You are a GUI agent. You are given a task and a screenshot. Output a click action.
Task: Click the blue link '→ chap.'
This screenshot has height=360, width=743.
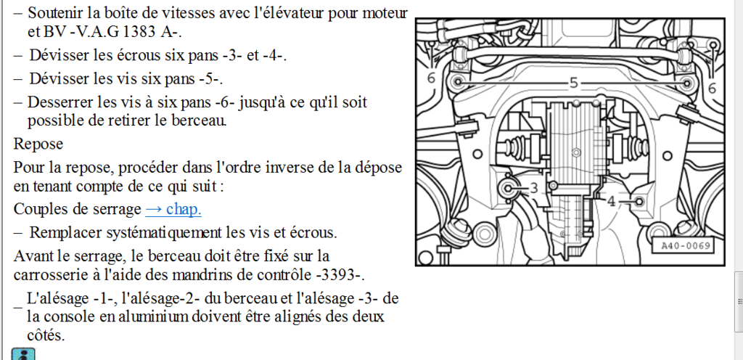point(173,209)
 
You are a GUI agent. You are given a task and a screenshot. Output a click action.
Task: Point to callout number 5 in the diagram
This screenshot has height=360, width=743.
point(574,83)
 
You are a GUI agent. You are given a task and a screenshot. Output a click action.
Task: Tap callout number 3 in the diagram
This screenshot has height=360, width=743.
point(534,189)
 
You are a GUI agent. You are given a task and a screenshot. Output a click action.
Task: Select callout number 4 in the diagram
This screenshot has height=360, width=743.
point(611,201)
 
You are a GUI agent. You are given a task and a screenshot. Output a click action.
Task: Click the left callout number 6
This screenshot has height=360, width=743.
point(431,78)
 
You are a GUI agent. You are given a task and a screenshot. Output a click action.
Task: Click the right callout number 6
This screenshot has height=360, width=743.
point(713,88)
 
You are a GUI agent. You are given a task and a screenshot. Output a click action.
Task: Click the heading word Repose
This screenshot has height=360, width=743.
point(38,144)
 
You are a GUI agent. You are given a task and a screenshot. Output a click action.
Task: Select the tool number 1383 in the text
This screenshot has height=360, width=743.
point(139,32)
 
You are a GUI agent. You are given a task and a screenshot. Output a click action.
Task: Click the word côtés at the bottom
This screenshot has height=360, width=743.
point(45,335)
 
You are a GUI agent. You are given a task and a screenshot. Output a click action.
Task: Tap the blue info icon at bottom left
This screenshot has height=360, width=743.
point(22,354)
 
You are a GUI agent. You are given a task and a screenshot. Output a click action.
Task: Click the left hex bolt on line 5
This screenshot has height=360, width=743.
point(459,82)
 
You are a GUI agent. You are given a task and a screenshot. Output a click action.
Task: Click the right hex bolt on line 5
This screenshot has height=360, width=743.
point(686,83)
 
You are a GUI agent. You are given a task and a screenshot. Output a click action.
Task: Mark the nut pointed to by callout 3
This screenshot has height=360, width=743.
point(508,189)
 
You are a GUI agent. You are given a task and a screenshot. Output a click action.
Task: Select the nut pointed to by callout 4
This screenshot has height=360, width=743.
point(639,201)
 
